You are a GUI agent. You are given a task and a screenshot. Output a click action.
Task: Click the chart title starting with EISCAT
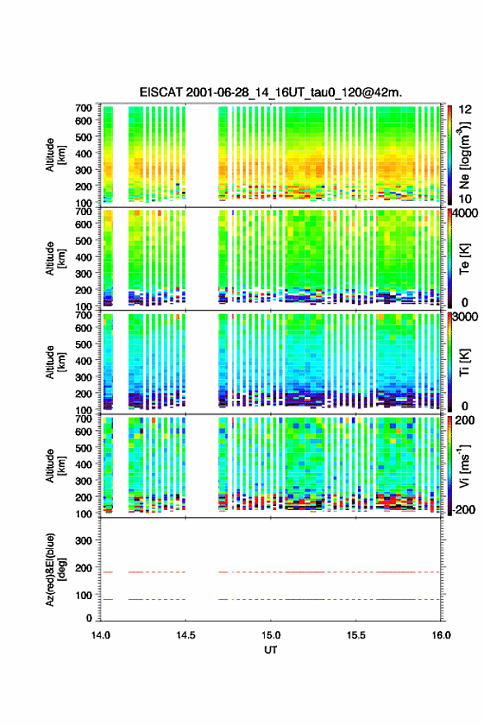[270, 92]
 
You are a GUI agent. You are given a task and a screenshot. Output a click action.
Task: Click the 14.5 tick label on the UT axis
[186, 635]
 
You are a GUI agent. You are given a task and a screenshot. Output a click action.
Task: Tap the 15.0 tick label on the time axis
[270, 635]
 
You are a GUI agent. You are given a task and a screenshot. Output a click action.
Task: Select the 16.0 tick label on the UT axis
[441, 635]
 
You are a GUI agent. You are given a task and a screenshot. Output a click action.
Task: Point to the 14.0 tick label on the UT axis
[101, 635]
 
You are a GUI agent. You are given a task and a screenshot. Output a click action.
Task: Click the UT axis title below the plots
[270, 650]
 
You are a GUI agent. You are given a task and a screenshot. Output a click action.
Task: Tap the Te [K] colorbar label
[465, 259]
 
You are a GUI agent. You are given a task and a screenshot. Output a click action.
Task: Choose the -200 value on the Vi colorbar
[463, 510]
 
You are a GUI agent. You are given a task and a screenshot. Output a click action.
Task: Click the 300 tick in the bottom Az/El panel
[84, 540]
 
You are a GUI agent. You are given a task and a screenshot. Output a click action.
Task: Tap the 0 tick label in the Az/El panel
[89, 618]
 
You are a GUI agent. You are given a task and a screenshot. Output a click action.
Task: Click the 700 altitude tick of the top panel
[84, 108]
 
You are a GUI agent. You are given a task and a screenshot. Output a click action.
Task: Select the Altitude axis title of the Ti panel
[56, 362]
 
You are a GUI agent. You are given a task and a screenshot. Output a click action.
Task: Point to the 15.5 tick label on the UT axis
[356, 635]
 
